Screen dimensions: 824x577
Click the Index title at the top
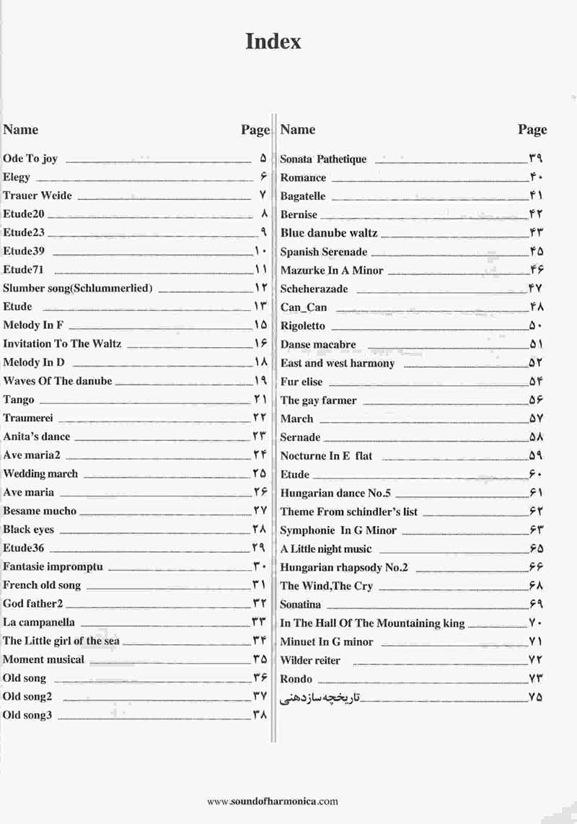273,41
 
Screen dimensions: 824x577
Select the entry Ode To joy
30,159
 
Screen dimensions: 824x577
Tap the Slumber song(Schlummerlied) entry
78,288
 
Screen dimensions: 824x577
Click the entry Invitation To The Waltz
62,343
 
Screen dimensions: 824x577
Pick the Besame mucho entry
40,511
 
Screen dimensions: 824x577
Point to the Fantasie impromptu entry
53,566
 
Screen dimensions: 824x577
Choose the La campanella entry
39,622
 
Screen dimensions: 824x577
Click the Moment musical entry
43,659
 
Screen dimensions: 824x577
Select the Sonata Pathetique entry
323,159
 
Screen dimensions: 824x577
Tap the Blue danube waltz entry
329,233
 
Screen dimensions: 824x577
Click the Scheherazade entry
314,289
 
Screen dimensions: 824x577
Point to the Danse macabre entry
318,345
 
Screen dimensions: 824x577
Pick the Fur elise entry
301,382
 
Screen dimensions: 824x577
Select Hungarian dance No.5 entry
335,494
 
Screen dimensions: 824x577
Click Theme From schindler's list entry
348,512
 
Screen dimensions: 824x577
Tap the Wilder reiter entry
310,660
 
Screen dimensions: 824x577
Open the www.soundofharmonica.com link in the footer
272,801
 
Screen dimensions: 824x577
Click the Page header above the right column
532,130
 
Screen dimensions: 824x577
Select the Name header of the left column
21,130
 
